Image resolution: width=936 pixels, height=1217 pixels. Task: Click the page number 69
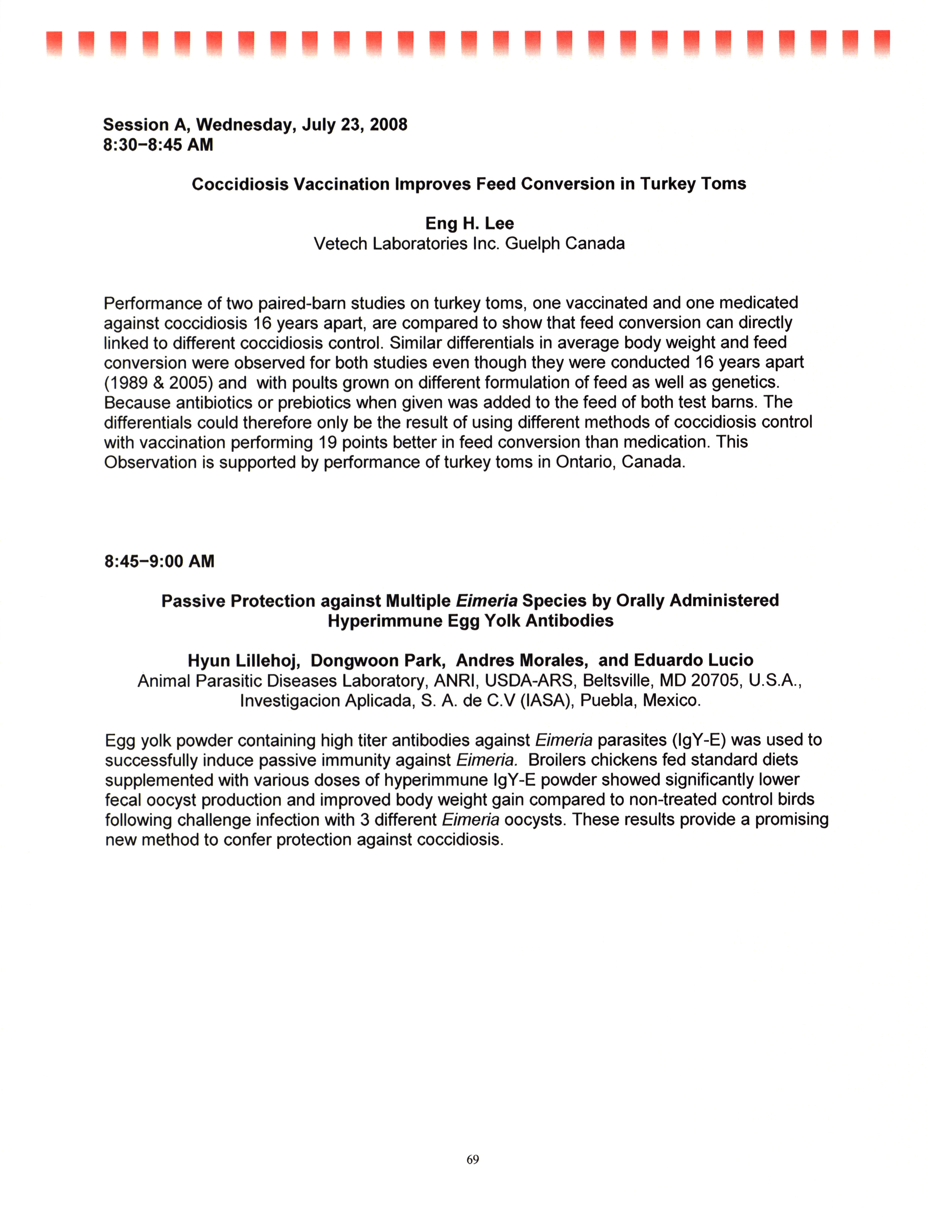click(x=473, y=1159)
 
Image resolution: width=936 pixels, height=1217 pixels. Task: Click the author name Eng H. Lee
click(x=469, y=223)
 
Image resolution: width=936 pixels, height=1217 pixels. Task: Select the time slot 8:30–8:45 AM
click(x=158, y=145)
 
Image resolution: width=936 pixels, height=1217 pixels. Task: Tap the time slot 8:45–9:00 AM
click(x=159, y=561)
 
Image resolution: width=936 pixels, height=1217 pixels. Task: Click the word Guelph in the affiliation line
click(x=532, y=243)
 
